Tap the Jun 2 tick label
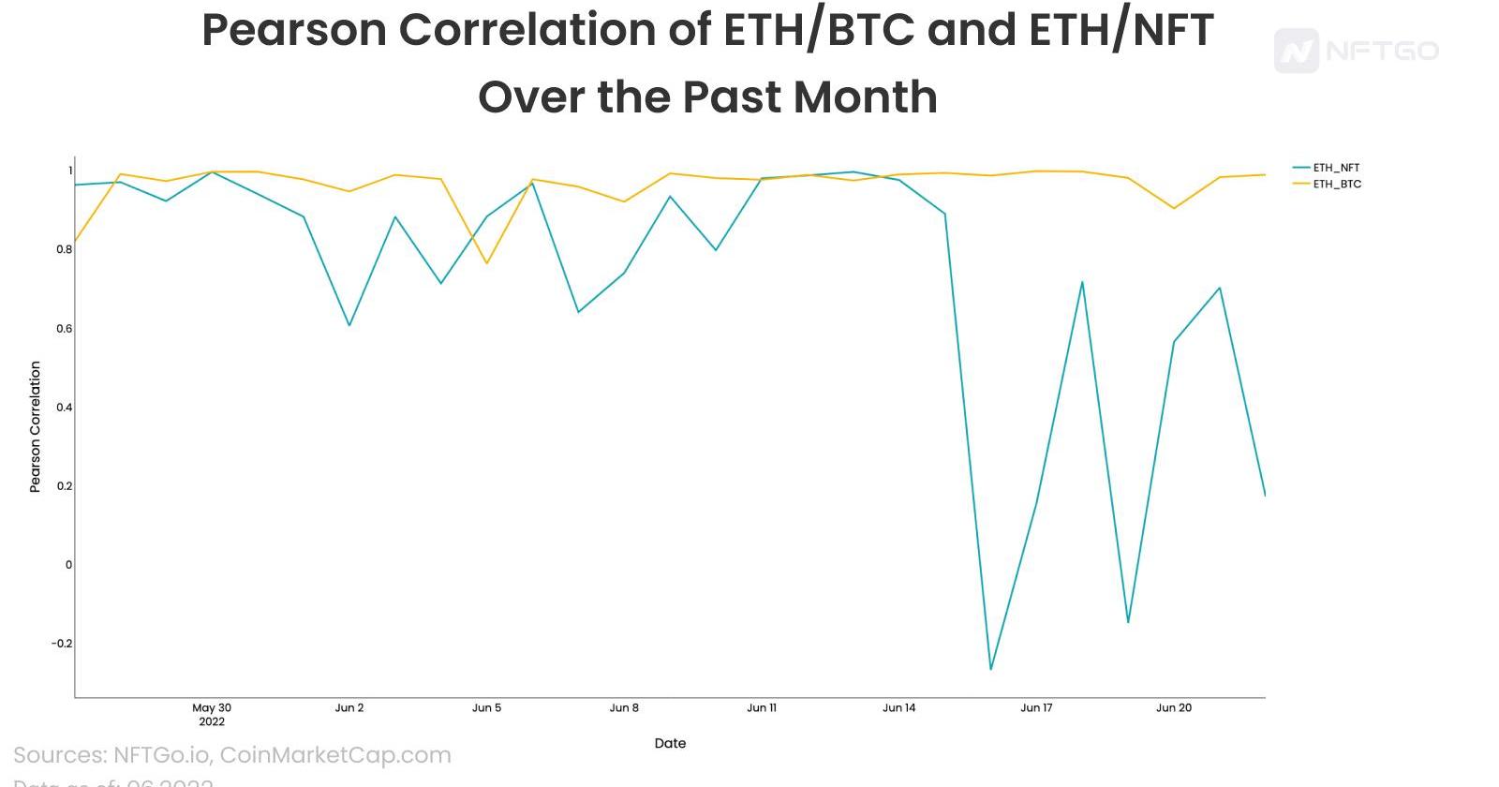pyautogui.click(x=349, y=707)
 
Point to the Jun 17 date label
pyautogui.click(x=1036, y=707)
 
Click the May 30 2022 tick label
pyautogui.click(x=212, y=714)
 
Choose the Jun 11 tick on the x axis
pyautogui.click(x=762, y=707)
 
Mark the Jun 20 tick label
pyautogui.click(x=1174, y=707)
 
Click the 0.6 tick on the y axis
pyautogui.click(x=64, y=328)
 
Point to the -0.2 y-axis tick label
pyautogui.click(x=61, y=643)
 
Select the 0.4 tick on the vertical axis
pyautogui.click(x=64, y=407)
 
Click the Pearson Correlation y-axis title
pyautogui.click(x=36, y=426)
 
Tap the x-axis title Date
pyautogui.click(x=670, y=743)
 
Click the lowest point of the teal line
pyautogui.click(x=990, y=669)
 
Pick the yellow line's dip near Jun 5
pyautogui.click(x=487, y=263)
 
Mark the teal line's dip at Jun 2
pyautogui.click(x=349, y=325)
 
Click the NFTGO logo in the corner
pyautogui.click(x=1356, y=51)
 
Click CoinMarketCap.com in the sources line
pyautogui.click(x=335, y=755)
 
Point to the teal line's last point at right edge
pyautogui.click(x=1265, y=495)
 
